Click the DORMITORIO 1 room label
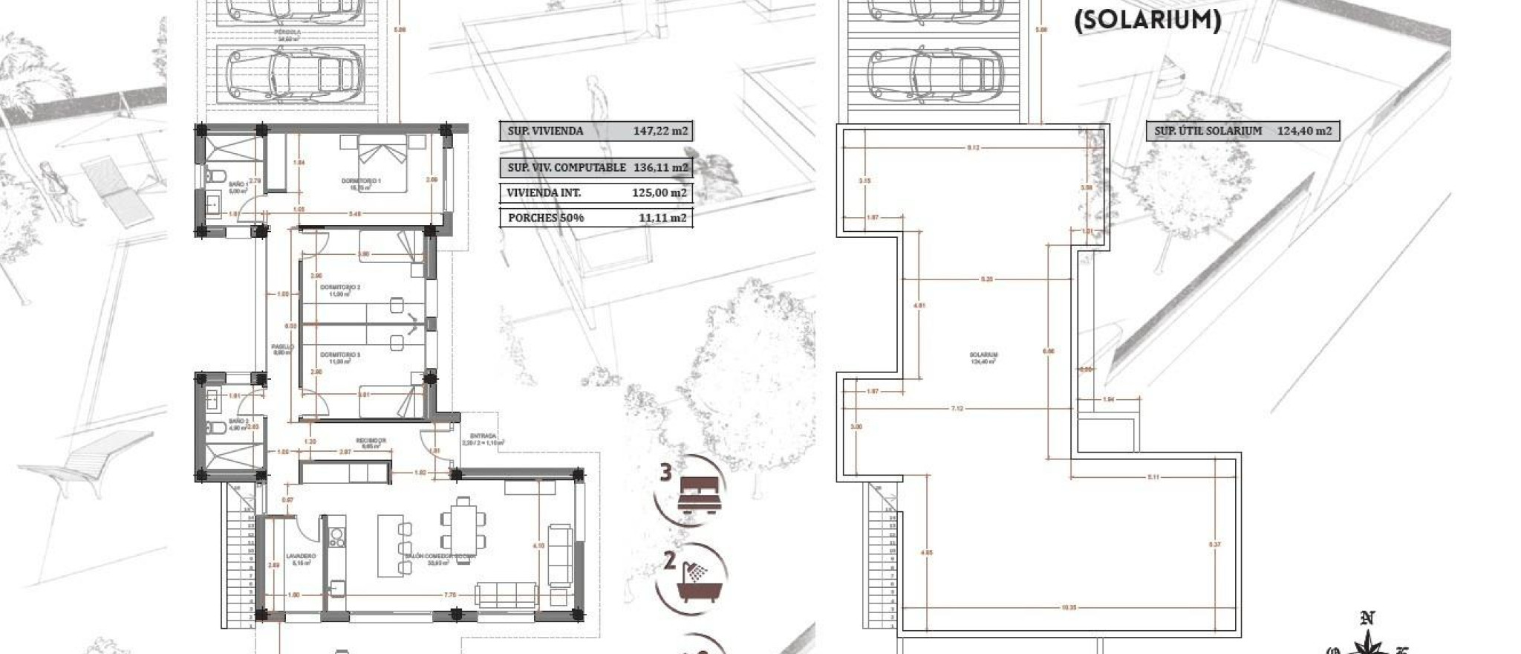point(361,181)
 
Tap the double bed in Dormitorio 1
point(383,163)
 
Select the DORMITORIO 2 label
point(340,288)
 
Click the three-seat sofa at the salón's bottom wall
point(507,595)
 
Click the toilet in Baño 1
point(216,176)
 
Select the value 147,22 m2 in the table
point(660,132)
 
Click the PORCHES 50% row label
point(546,218)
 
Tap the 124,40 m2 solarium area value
point(1305,132)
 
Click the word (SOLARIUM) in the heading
point(1148,20)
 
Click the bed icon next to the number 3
point(700,493)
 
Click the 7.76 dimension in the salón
point(449,595)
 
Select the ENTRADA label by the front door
point(483,436)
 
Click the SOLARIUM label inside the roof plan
point(983,355)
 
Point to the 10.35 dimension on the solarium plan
point(1069,608)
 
